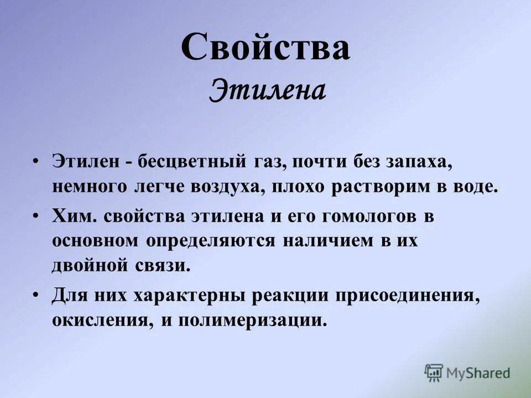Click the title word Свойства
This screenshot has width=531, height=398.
click(265, 48)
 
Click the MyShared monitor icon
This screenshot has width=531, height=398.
click(434, 373)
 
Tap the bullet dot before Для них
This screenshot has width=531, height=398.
click(36, 295)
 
